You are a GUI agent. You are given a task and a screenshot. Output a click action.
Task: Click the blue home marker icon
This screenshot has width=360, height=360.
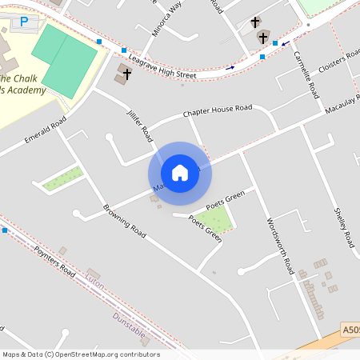pos(180,173)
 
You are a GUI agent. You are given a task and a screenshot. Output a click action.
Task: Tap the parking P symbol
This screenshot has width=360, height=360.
pos(23,22)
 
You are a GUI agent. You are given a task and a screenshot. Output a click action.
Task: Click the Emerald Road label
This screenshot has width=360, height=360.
pos(45,132)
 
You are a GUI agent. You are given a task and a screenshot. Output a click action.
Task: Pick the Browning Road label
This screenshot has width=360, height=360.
pos(124,221)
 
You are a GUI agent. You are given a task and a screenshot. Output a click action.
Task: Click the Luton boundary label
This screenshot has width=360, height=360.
pos(95,282)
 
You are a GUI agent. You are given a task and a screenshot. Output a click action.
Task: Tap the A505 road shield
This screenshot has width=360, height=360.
pos(351,329)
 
